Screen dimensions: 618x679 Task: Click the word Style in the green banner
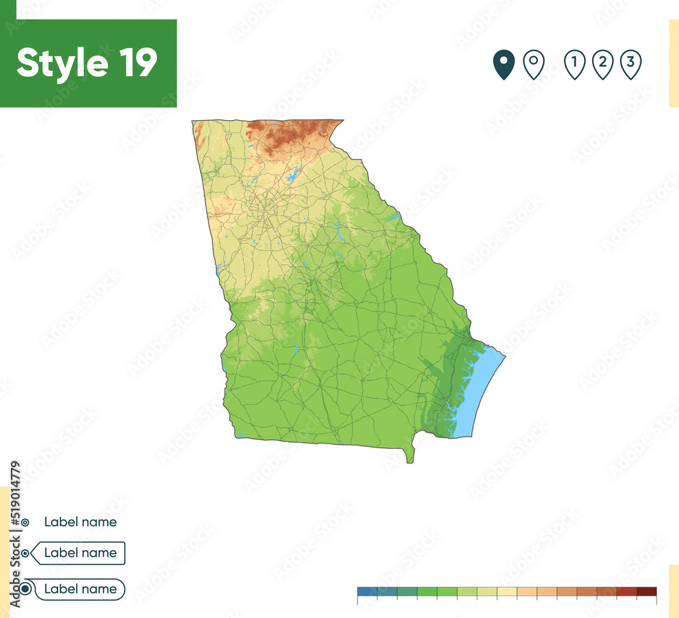coord(62,63)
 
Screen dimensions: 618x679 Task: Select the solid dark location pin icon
coord(503,65)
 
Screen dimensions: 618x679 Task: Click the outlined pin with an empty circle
coord(534,65)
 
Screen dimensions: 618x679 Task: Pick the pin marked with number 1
coord(574,65)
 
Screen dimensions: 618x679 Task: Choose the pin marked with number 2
coord(602,65)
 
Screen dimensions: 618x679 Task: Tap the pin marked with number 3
coord(631,65)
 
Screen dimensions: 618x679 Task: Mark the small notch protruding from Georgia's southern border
coord(409,455)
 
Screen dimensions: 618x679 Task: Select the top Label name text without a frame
coord(80,522)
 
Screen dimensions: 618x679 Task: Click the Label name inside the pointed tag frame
coord(80,553)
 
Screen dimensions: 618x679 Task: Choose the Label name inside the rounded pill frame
coord(80,589)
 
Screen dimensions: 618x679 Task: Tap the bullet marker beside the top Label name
coord(25,522)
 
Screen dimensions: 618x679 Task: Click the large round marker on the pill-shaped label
coord(25,589)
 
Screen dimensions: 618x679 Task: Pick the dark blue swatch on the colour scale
coord(367,591)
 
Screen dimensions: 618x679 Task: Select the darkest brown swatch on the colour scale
coord(647,591)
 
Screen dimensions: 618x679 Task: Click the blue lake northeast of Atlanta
coord(293,176)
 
